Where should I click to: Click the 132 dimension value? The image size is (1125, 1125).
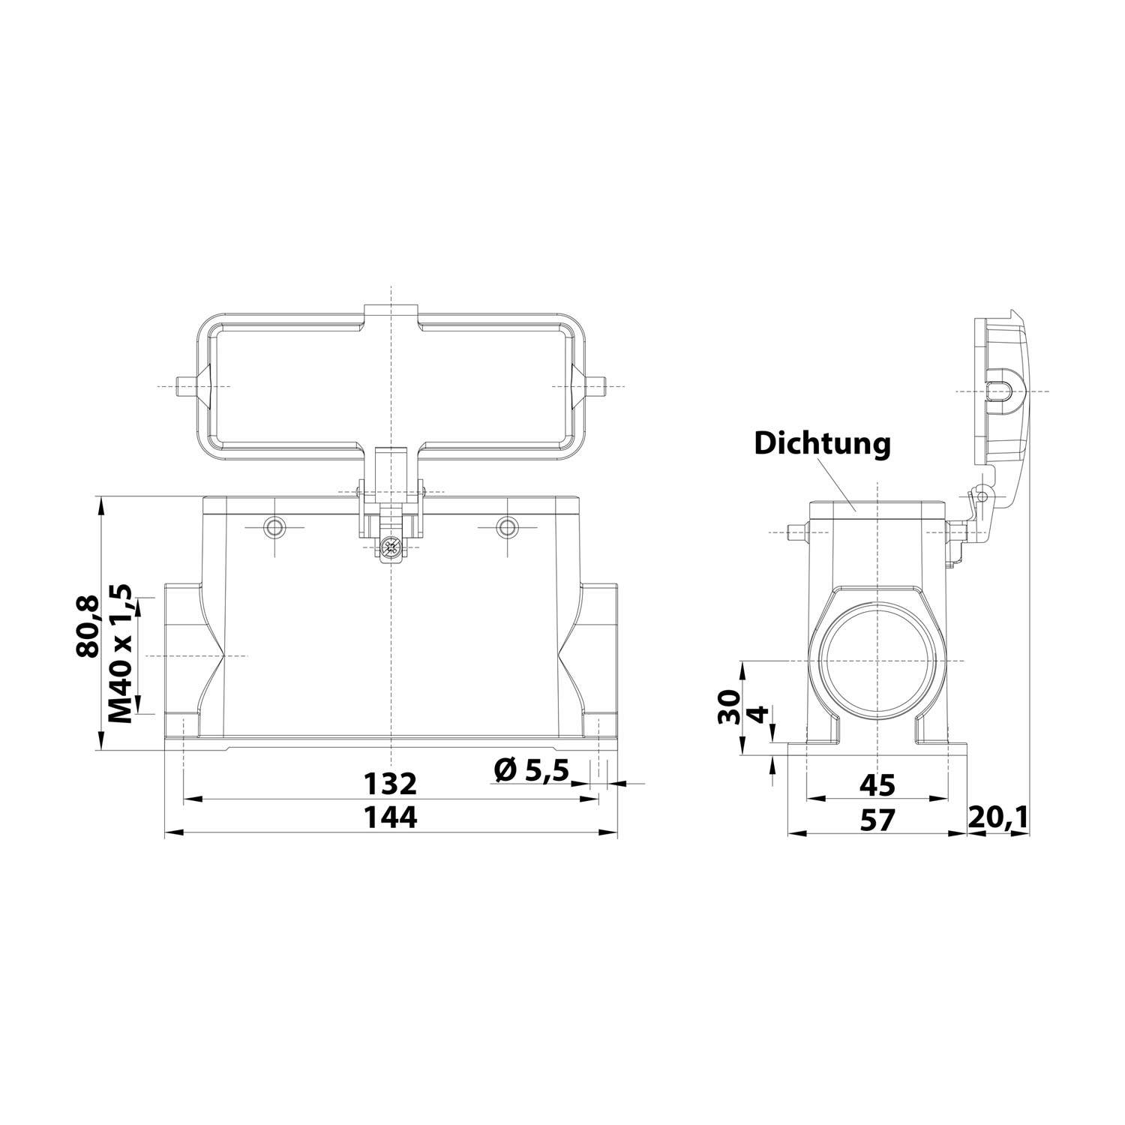[390, 784]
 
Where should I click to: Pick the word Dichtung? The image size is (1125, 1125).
[823, 443]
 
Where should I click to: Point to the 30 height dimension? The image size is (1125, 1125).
[729, 706]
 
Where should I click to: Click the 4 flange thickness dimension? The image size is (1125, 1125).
[760, 713]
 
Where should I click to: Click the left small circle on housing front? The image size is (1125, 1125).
[275, 527]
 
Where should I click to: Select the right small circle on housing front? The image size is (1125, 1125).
[508, 527]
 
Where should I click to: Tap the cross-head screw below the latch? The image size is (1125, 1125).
[390, 548]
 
